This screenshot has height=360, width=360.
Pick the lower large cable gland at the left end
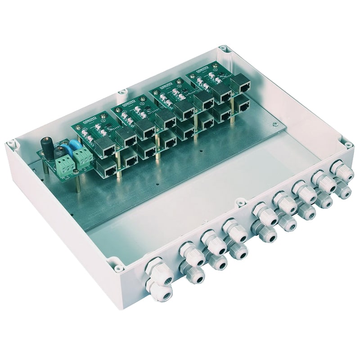(162, 293)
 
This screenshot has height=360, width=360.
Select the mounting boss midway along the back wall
(121, 92)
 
